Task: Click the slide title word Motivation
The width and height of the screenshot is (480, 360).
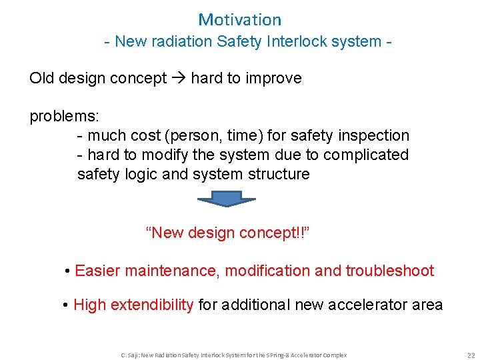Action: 240,20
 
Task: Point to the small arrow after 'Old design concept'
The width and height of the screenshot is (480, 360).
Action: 178,78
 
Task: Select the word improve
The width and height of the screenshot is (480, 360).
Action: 273,78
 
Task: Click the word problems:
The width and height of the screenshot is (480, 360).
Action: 64,116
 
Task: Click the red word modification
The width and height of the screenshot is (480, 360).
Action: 268,271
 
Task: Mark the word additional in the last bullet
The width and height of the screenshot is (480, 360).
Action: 252,305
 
